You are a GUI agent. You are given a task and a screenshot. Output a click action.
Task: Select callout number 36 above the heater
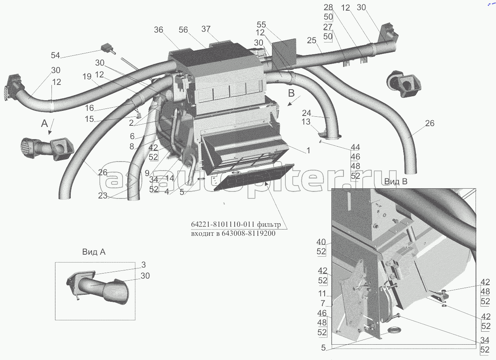[x=158, y=30]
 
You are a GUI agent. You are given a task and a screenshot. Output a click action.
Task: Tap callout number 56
[x=184, y=30]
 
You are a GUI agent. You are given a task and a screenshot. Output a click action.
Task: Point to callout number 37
[x=206, y=29]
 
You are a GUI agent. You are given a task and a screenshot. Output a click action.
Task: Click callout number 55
[x=262, y=24]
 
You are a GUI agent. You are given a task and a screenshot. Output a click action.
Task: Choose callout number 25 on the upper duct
[x=312, y=40]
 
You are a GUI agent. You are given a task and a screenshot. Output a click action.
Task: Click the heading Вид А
[x=94, y=252]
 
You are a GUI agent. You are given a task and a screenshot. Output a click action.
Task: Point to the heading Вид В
[x=396, y=182]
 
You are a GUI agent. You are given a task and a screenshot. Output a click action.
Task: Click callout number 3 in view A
[x=143, y=265]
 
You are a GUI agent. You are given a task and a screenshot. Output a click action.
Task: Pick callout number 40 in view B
[x=321, y=242]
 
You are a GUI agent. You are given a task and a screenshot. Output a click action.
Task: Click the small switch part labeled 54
[x=107, y=48]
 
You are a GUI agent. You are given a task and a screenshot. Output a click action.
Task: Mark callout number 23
[x=103, y=195]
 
